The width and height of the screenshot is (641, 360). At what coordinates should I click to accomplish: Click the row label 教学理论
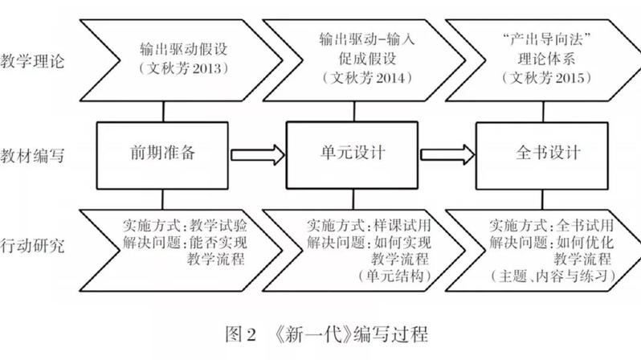click(x=32, y=61)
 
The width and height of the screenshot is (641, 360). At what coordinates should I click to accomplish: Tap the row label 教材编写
click(x=32, y=156)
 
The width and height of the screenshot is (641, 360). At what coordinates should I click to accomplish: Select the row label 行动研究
click(x=32, y=246)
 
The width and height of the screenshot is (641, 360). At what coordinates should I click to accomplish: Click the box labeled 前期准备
click(x=162, y=155)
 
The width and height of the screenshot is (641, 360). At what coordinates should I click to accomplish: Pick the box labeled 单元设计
click(x=352, y=155)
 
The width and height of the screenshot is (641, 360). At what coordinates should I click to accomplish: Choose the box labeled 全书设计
click(x=542, y=155)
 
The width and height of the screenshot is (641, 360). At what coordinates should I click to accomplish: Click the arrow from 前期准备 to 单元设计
click(x=258, y=155)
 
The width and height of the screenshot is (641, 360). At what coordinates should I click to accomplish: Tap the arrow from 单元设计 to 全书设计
click(x=447, y=154)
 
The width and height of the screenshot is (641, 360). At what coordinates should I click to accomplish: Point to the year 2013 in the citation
click(x=206, y=68)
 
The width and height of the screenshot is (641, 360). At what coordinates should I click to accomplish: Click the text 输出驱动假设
click(x=184, y=50)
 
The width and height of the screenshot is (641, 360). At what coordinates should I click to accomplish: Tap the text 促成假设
click(x=367, y=59)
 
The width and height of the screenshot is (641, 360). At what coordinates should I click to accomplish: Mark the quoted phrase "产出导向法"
click(x=546, y=39)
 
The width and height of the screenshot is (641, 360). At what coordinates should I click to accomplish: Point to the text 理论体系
click(x=546, y=59)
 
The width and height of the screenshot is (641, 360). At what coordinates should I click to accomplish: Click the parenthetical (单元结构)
click(x=395, y=276)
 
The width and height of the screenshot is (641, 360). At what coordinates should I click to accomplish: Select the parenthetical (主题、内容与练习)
click(x=553, y=276)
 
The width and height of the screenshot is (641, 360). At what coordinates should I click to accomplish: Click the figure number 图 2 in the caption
click(x=241, y=334)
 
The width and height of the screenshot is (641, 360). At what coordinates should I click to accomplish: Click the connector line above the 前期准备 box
click(x=164, y=111)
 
